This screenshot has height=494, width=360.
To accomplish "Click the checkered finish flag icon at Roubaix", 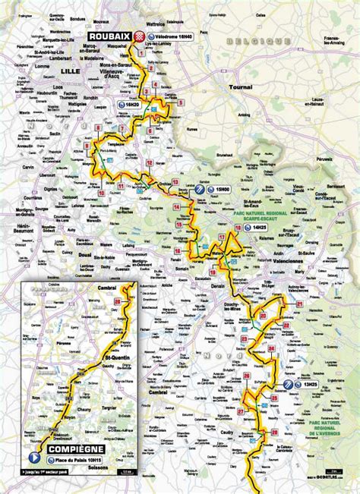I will coord(140,36).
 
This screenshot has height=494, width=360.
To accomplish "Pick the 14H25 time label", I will coord(261,227).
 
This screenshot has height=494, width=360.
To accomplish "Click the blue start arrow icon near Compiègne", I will coord(33,458).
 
